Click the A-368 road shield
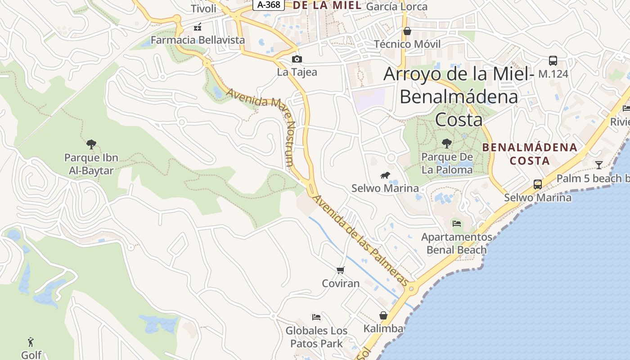pos(269,5)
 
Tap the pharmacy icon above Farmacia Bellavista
pos(197,27)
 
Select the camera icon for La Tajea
pos(297,59)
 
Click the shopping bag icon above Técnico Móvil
pos(407,31)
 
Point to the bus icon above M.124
pos(553,61)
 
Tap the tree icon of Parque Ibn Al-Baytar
pos(91,144)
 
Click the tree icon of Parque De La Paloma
pos(447,144)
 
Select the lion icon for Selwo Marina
pos(385,175)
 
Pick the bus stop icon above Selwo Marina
pos(538,184)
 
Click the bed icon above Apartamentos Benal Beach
pos(457,223)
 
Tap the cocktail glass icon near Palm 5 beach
pos(599,165)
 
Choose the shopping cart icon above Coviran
pos(341,270)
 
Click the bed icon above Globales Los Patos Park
pos(316,317)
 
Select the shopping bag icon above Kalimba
pos(383,315)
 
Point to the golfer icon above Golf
pos(31,342)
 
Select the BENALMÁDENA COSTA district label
pos(530,153)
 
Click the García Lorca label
pos(396,7)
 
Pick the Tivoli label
pos(203,9)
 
